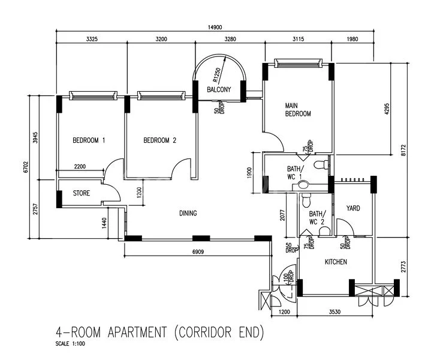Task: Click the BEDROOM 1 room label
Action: coord(89,141)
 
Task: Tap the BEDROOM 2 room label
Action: coord(160,141)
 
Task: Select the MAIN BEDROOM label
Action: coord(297,109)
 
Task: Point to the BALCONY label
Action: coord(219,90)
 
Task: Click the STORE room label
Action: coord(82,194)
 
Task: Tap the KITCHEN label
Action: coord(336,262)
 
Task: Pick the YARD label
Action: coord(353,208)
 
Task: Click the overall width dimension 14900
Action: coord(215,28)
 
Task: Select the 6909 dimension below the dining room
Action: coord(198,252)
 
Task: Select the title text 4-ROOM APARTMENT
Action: coord(159,332)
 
